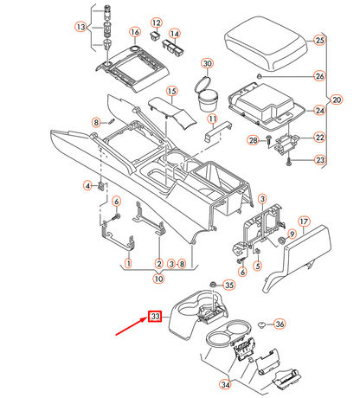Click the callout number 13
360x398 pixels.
[x=80, y=27]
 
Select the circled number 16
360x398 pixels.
[x=136, y=32]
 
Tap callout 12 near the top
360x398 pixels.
[x=156, y=22]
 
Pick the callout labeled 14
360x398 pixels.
[x=175, y=34]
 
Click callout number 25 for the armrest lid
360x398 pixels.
[x=318, y=41]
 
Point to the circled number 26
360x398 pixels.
[x=318, y=76]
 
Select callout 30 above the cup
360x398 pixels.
[x=206, y=64]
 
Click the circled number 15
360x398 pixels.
[x=171, y=91]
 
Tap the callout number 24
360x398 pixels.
[x=318, y=111]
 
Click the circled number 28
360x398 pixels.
[x=253, y=140]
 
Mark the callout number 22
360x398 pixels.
[x=318, y=138]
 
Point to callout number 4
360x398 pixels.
[x=87, y=185]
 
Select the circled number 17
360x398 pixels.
[x=304, y=221]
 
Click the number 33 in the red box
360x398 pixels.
[x=156, y=317]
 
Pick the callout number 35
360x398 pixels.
[x=228, y=285]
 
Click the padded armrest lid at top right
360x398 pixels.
[x=264, y=43]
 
